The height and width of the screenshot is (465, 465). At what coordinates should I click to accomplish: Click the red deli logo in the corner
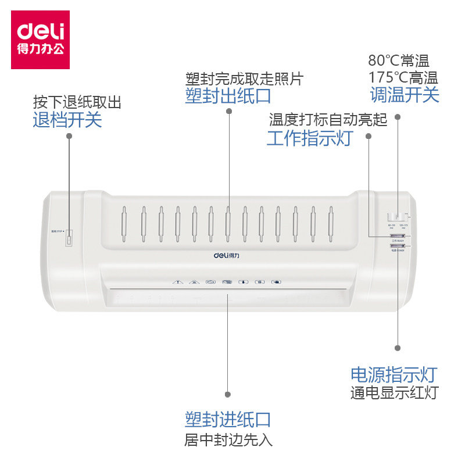40,39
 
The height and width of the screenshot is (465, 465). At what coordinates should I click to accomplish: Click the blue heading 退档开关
67,120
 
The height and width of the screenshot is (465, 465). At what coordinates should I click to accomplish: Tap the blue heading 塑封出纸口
228,95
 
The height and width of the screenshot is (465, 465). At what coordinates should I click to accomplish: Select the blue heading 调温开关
405,94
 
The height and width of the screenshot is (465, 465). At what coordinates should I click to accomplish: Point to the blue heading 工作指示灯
309,138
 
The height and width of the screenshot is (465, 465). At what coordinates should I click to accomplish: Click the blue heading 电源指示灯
394,375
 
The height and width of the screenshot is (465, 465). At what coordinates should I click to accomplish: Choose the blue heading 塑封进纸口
228,419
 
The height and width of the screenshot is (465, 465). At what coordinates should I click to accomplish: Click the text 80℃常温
398,61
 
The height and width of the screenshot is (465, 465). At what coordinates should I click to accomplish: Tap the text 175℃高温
403,77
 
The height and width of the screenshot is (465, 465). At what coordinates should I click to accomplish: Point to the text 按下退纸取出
77,103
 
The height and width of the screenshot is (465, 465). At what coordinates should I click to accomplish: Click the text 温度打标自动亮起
328,120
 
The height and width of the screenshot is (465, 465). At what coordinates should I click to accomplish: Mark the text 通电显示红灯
394,393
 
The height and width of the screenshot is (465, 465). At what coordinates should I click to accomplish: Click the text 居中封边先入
228,439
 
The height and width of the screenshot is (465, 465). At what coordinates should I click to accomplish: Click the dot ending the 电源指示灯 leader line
398,348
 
